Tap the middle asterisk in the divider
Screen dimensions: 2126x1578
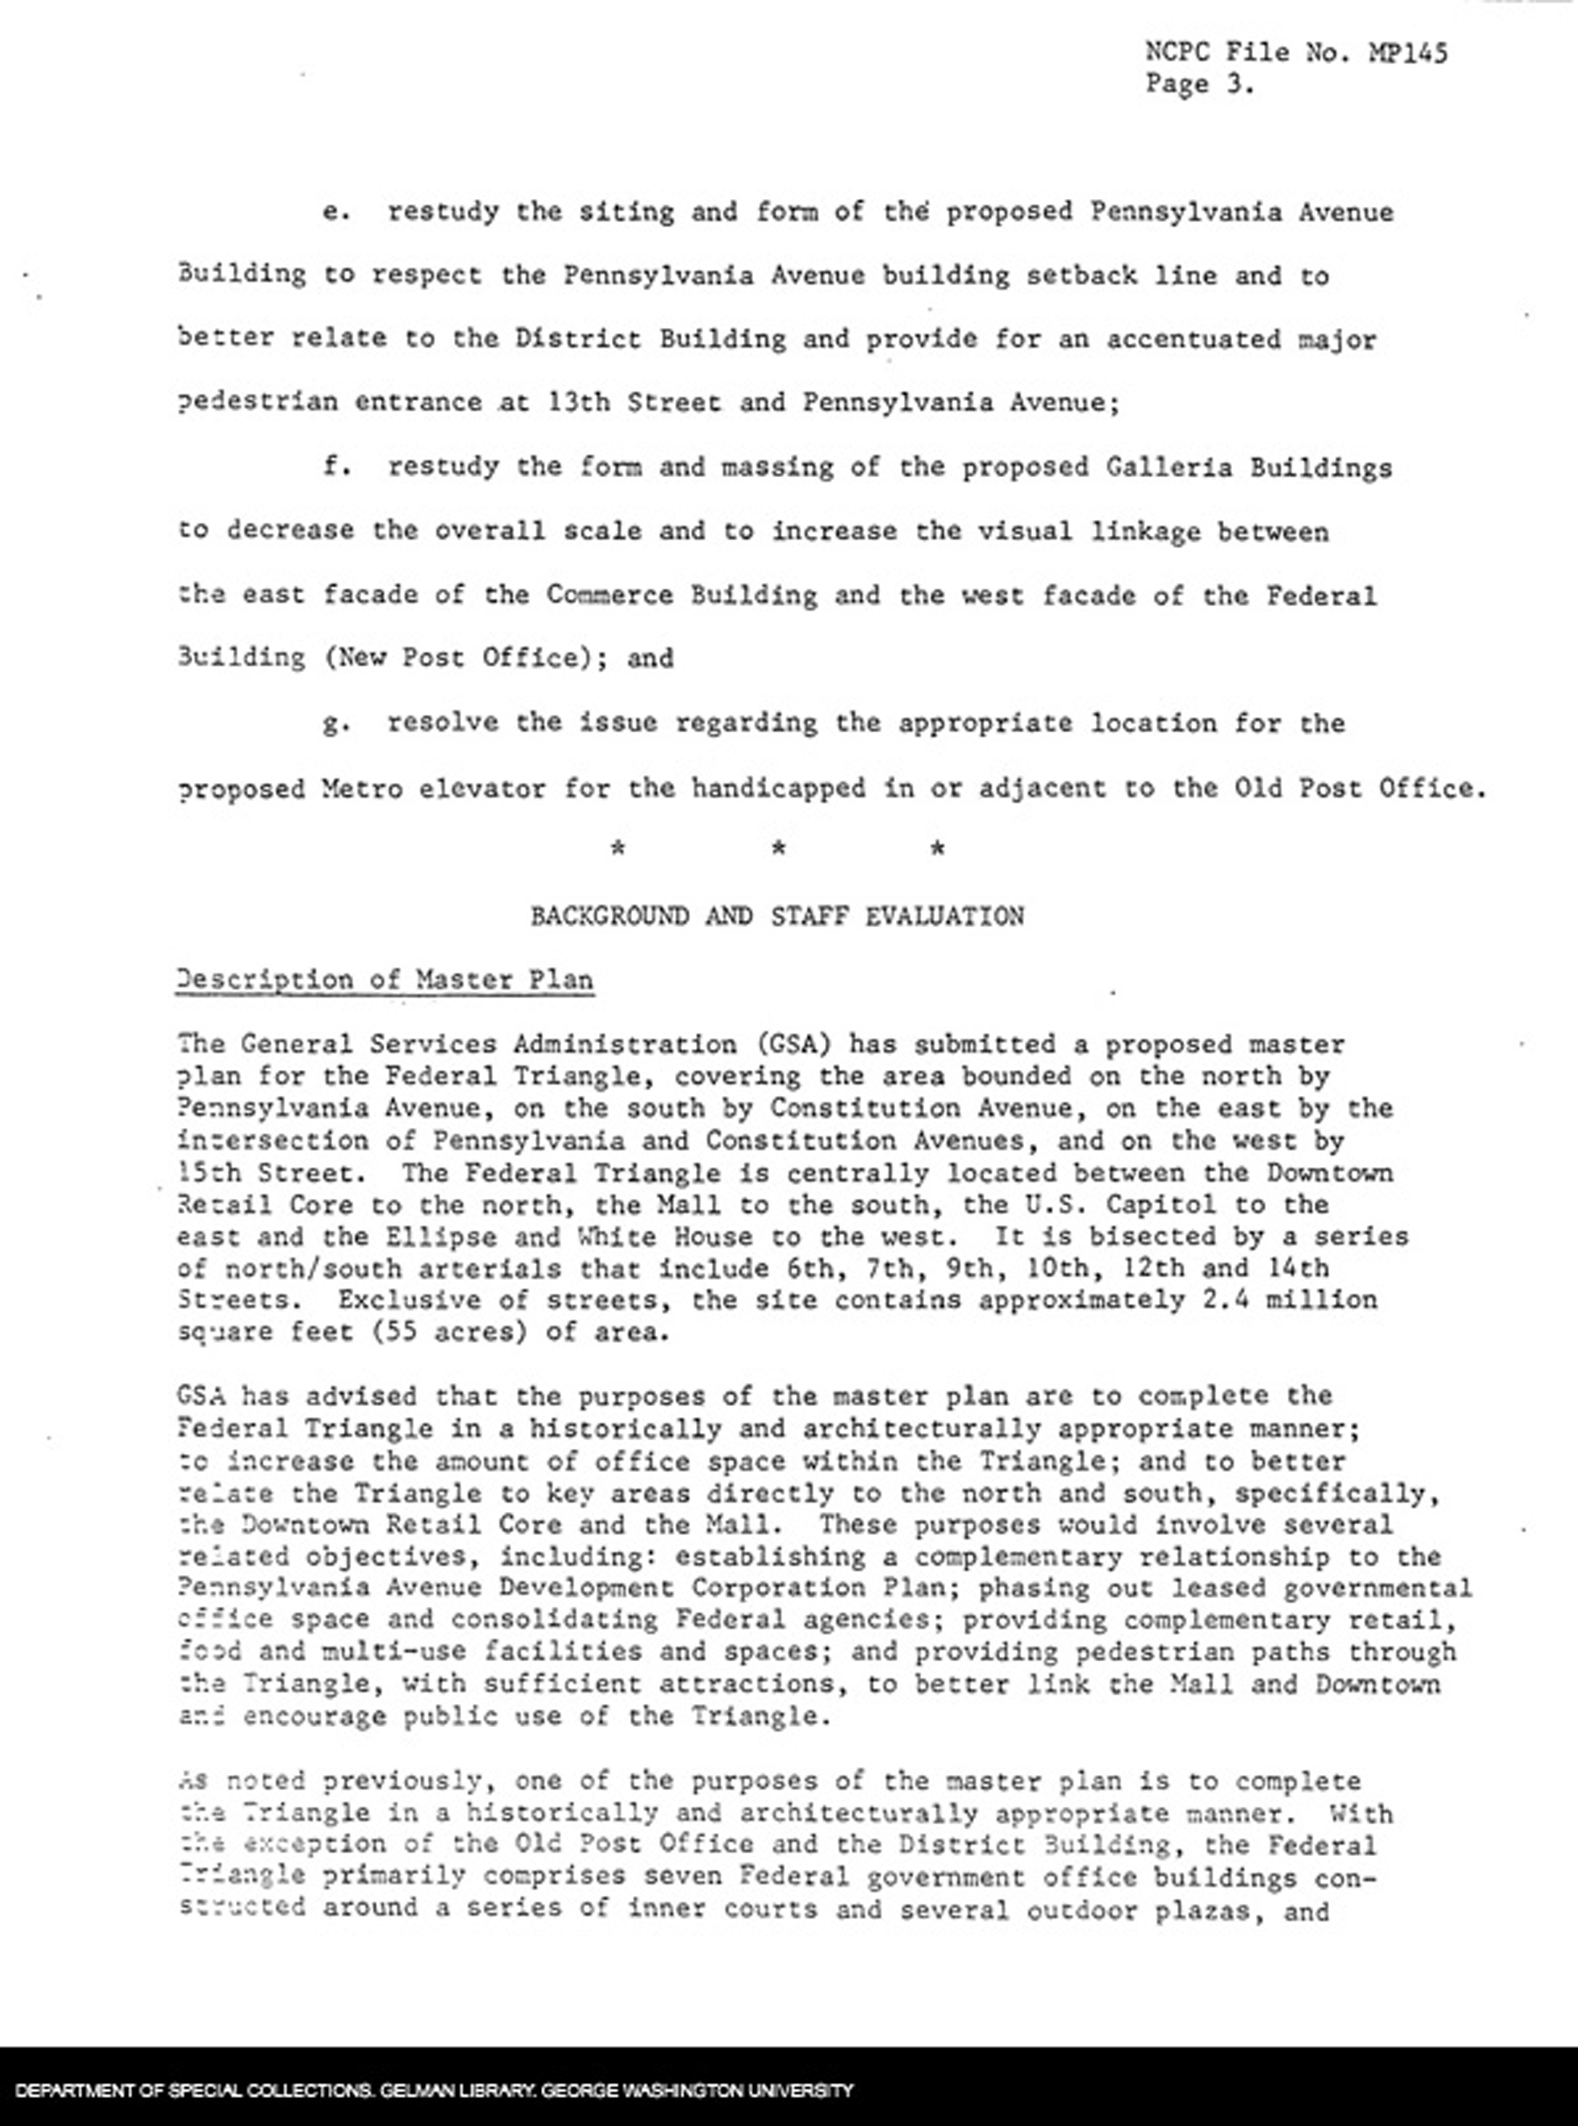point(778,848)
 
